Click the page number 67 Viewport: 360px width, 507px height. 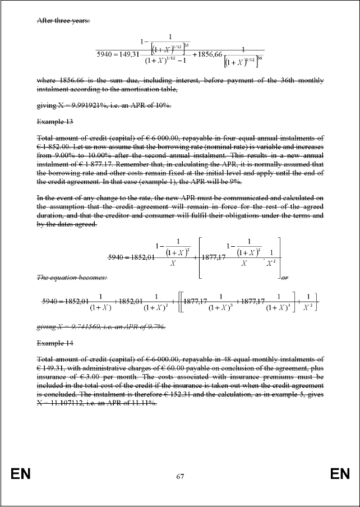180,477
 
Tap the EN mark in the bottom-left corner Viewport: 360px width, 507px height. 21,475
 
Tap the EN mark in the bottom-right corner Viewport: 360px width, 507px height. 340,475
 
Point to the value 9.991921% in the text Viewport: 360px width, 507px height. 87,105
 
